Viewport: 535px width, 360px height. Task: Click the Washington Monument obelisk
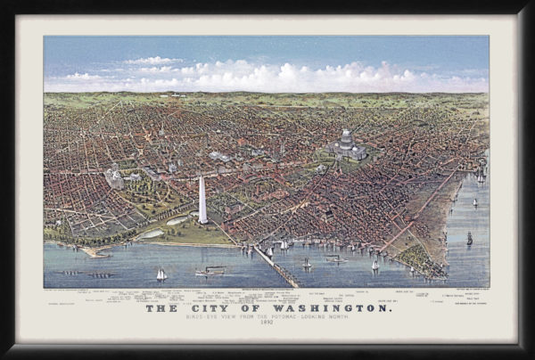[x=202, y=200]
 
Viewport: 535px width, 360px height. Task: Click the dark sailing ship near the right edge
[x=469, y=238]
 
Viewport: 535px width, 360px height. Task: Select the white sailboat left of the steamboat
[x=161, y=274]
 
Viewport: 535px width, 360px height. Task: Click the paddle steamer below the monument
[x=210, y=271]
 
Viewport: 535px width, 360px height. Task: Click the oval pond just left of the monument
[x=177, y=220]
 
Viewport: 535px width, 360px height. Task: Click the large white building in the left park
[x=114, y=178]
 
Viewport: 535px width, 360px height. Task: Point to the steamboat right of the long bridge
[x=335, y=259]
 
